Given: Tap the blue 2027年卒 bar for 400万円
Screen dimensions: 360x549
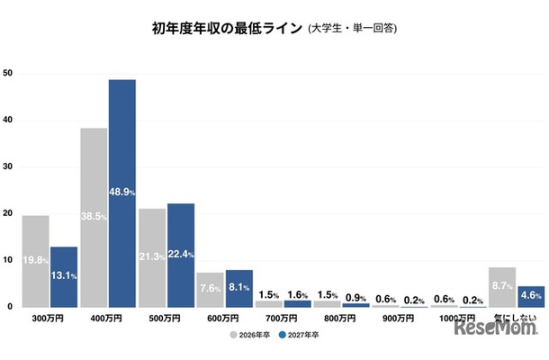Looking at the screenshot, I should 122,193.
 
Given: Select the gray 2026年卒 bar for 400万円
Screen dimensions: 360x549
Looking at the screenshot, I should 94,216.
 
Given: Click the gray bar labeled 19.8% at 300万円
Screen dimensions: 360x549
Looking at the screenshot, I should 35,261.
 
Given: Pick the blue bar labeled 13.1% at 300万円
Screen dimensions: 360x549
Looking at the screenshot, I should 64,276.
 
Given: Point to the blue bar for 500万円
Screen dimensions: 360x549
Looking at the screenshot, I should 181,255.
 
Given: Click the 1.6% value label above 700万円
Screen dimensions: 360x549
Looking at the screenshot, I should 298,294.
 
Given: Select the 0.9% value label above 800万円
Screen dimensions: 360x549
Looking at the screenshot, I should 356,295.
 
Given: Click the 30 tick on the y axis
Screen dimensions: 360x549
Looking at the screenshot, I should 8,166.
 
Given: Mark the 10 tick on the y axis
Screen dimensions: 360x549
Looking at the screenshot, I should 8,260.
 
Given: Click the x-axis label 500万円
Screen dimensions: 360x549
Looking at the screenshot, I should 166,319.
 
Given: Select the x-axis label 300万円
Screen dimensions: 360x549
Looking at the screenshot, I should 49,319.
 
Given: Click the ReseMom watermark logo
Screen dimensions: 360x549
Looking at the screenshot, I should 498,330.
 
